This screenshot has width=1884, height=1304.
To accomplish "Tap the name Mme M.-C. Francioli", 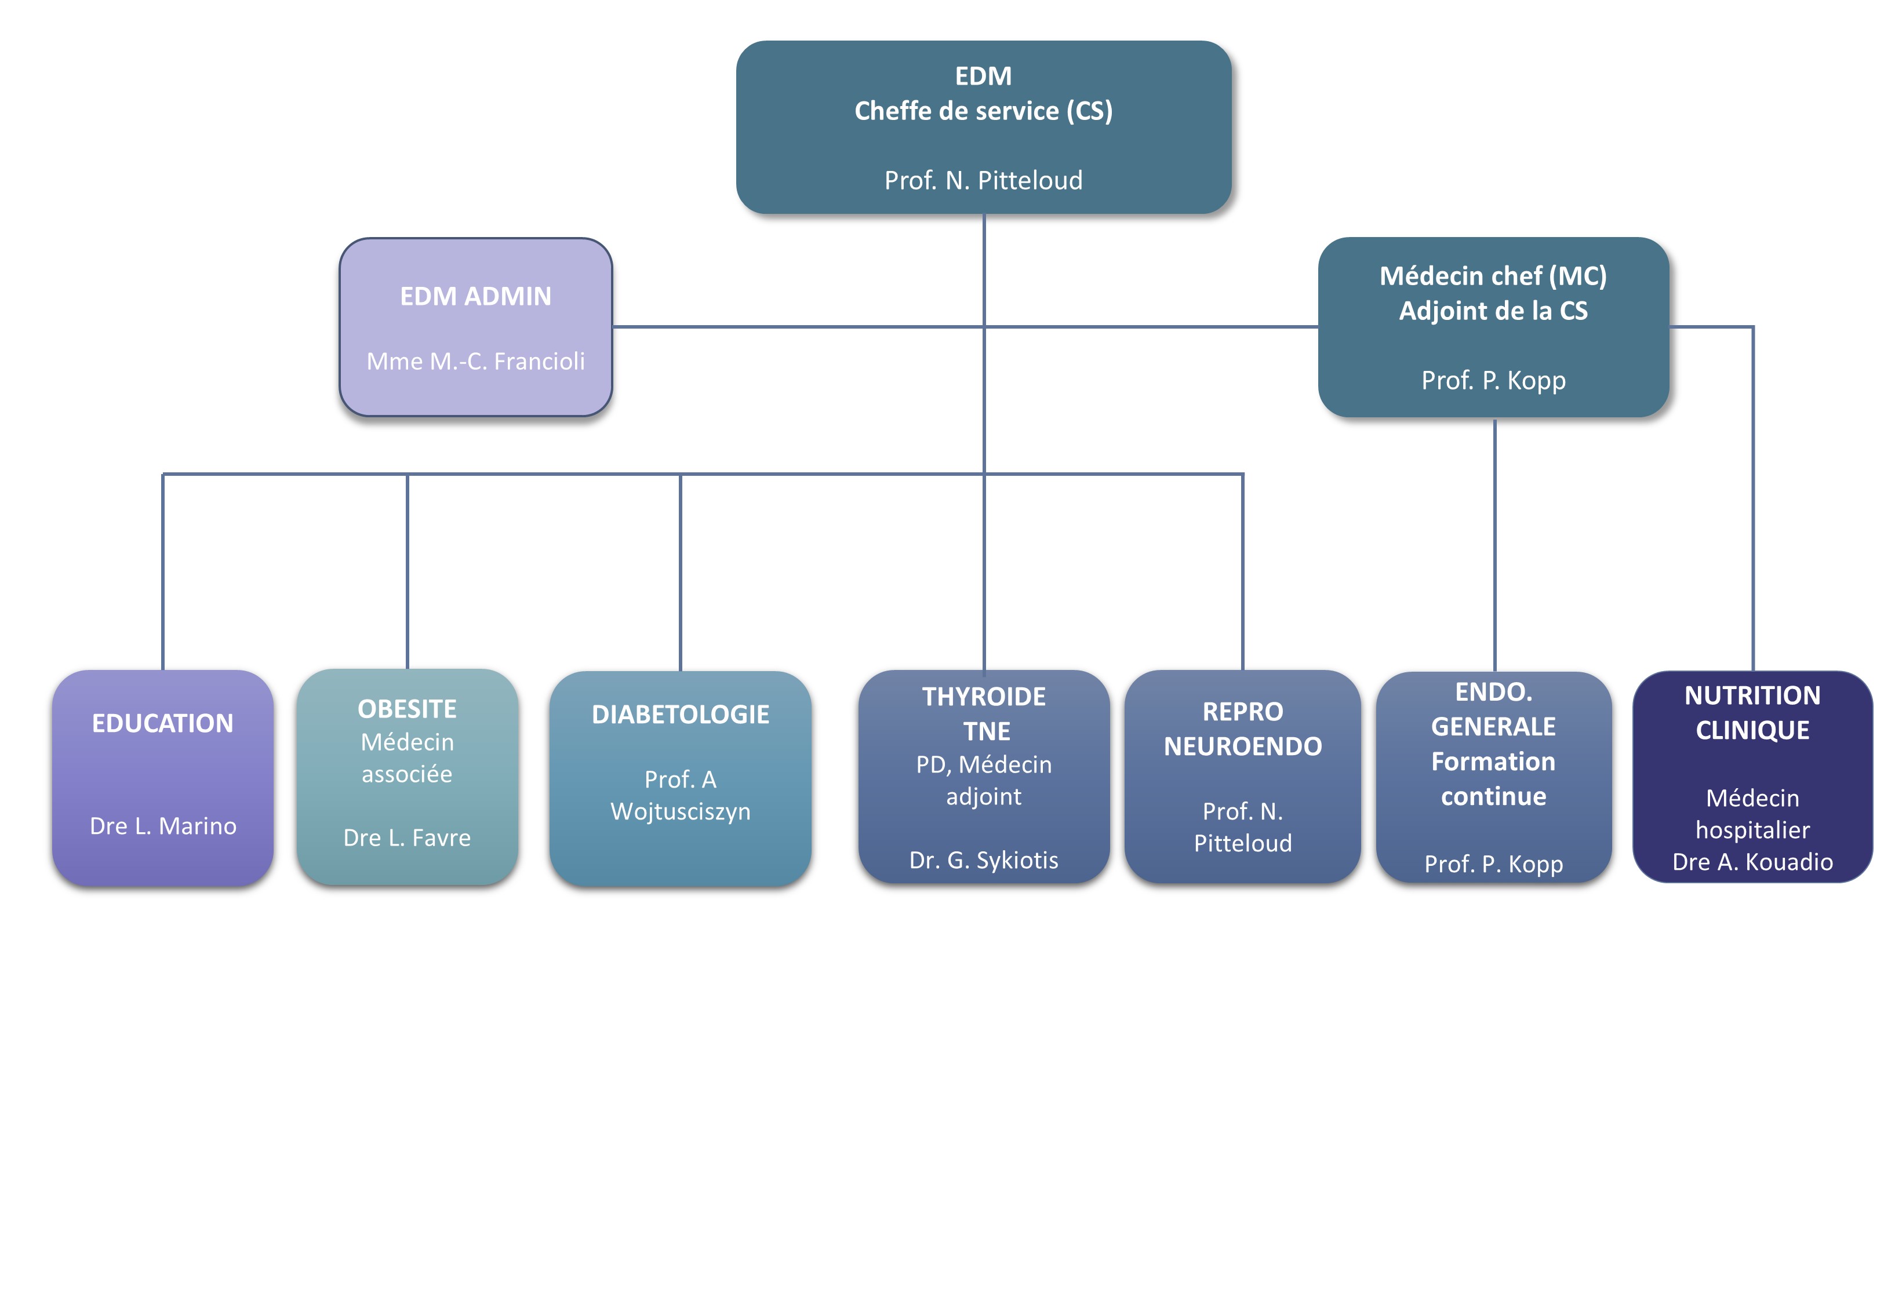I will (475, 360).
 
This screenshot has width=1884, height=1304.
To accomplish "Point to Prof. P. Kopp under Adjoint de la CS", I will (1493, 380).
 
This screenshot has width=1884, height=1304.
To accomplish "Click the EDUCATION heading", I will (162, 723).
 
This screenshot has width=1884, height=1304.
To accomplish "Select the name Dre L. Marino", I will (162, 826).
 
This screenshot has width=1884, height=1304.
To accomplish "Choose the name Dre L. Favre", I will (407, 837).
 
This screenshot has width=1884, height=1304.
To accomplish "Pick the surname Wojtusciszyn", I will (680, 811).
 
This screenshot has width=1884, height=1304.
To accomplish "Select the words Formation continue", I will (1493, 779).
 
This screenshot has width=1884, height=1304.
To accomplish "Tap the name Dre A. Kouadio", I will (1752, 861).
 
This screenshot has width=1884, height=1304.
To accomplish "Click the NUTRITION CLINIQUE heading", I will (1752, 712).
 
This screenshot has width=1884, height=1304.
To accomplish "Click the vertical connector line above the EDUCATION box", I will (162, 572).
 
